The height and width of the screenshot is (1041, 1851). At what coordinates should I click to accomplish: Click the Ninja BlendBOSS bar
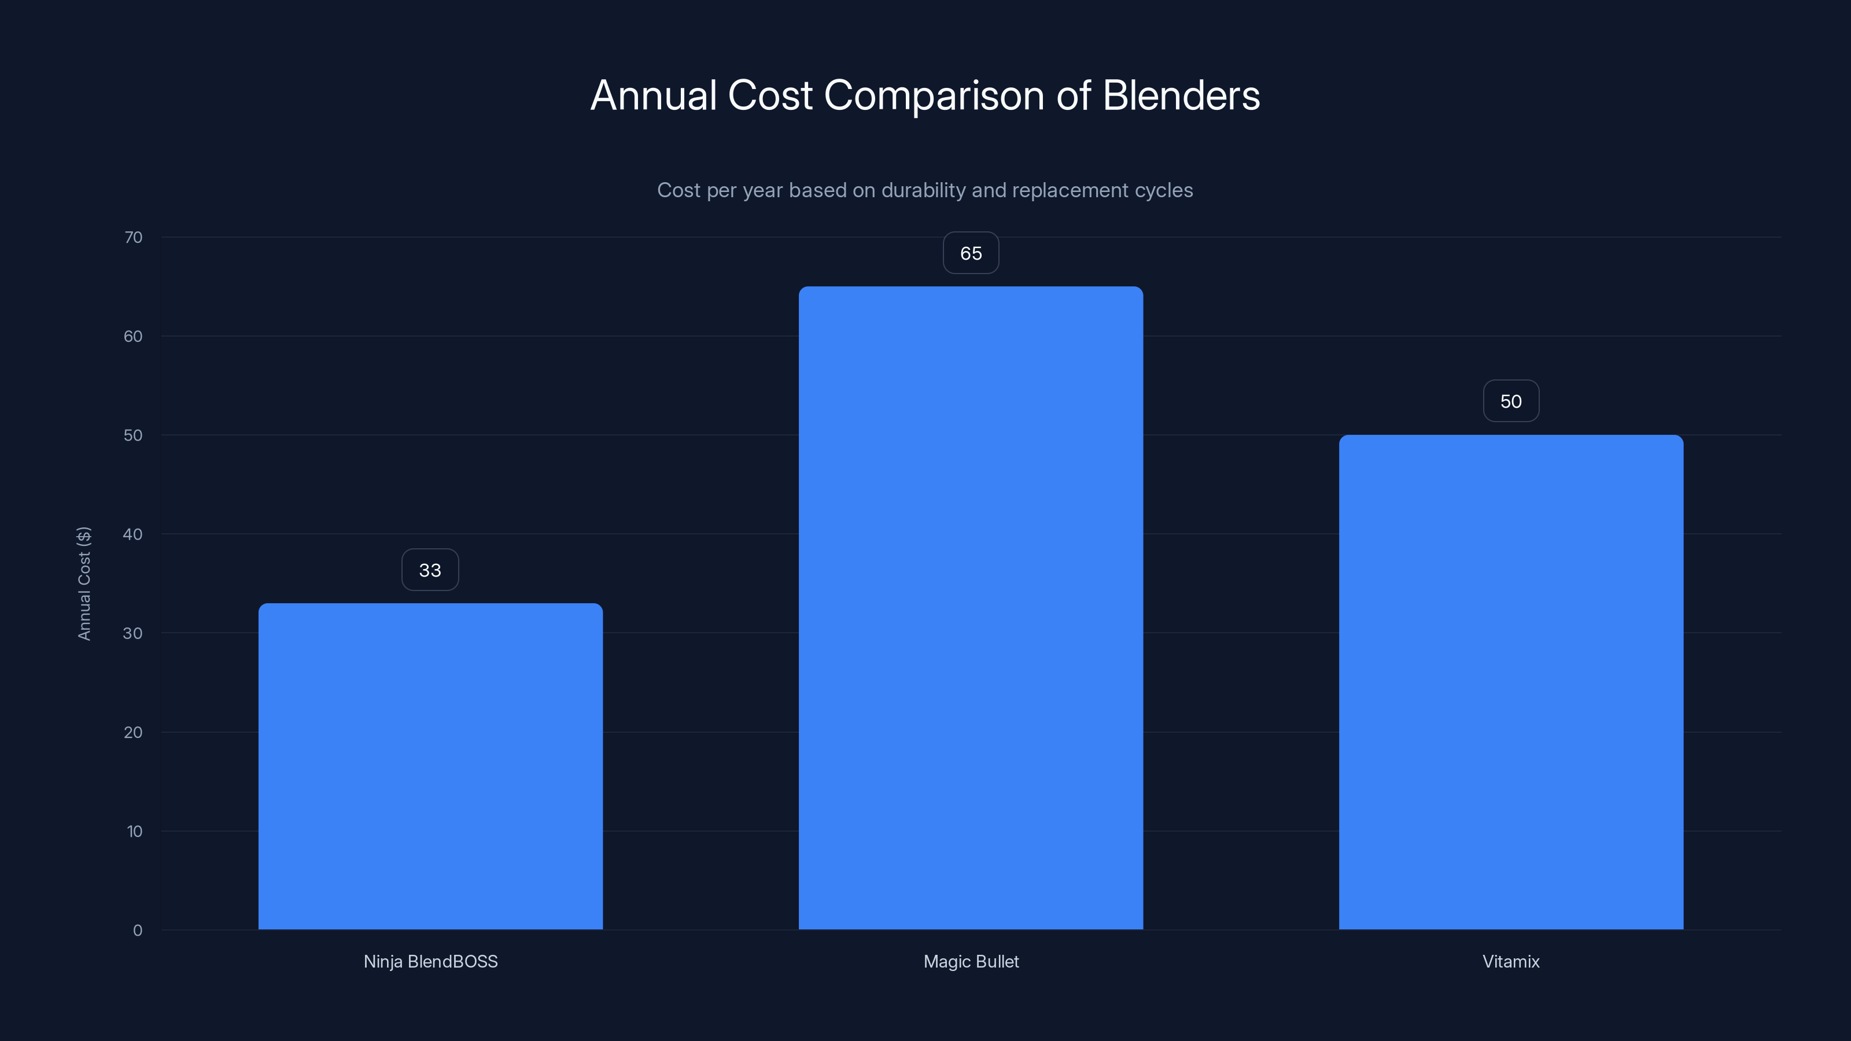click(x=430, y=766)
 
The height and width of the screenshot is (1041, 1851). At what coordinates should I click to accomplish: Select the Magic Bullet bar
click(x=971, y=608)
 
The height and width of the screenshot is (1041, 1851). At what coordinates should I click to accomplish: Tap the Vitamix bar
click(x=1510, y=682)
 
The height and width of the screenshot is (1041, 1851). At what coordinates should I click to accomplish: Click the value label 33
click(x=430, y=570)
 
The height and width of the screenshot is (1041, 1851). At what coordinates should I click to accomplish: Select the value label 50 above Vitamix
click(x=1510, y=401)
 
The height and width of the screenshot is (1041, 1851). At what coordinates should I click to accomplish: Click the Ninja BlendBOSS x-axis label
click(x=430, y=962)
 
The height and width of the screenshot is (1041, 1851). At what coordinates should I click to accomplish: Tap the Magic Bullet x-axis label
click(x=971, y=962)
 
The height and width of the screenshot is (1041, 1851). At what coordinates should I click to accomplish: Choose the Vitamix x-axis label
click(x=1510, y=962)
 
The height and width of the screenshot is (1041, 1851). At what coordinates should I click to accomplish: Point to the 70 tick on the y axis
click(x=134, y=238)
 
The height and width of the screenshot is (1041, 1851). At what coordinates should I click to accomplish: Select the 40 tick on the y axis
click(x=133, y=534)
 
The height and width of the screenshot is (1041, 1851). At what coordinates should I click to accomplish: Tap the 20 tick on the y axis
click(x=133, y=733)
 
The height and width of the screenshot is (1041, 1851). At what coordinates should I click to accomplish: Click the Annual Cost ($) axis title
click(x=84, y=584)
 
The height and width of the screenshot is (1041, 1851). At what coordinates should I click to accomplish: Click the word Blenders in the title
click(x=1181, y=95)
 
